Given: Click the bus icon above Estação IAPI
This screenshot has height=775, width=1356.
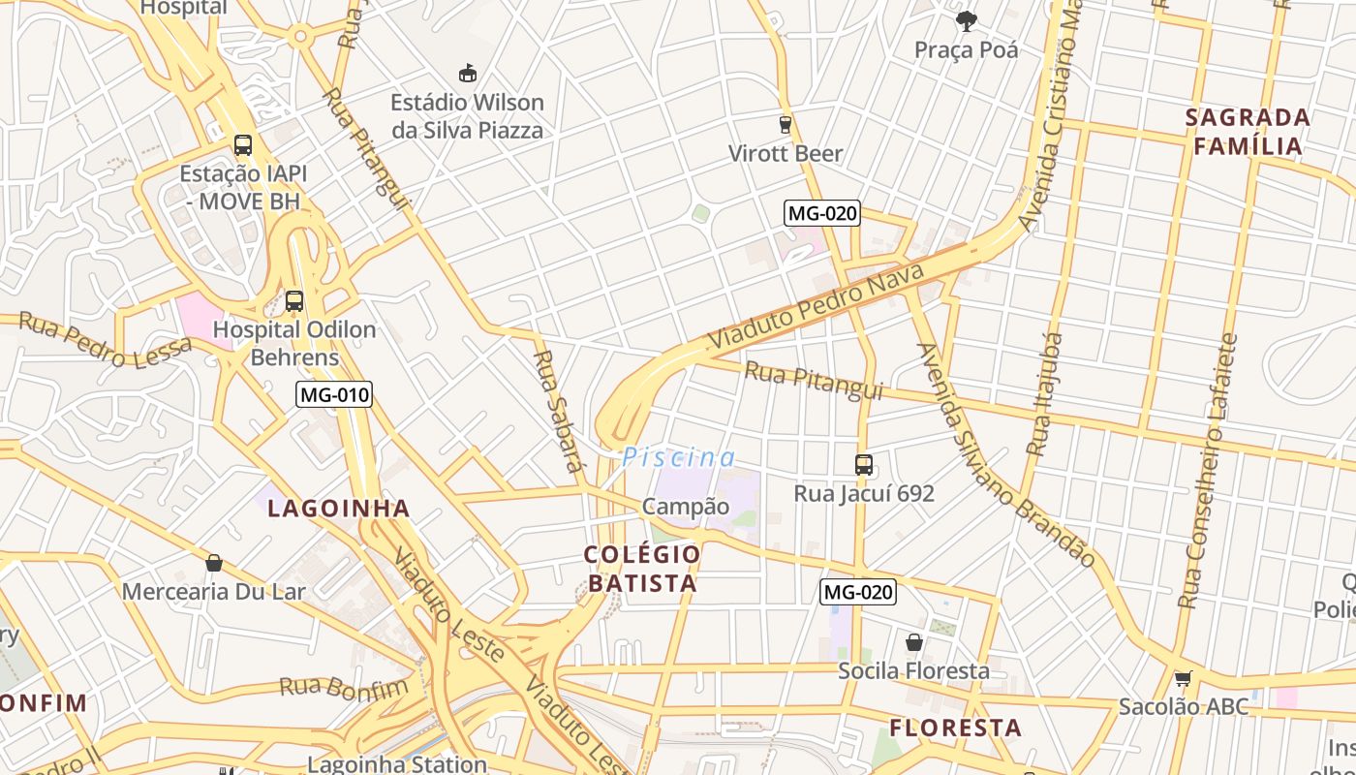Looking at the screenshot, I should (x=243, y=145).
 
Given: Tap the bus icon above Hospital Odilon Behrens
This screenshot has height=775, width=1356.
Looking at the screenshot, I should (x=294, y=301).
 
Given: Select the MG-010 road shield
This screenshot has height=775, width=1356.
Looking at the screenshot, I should (x=334, y=394).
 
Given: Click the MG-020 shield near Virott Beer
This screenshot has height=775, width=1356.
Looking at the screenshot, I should (x=822, y=213).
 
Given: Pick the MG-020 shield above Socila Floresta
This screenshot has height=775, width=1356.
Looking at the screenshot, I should (x=858, y=592).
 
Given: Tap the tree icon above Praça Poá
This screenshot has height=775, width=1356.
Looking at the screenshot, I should (x=966, y=20).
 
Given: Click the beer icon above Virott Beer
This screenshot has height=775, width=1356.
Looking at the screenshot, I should (x=786, y=124).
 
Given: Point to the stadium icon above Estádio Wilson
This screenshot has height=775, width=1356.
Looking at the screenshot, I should (x=468, y=73).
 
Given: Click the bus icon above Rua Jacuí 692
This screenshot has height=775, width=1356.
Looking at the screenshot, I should (x=864, y=465).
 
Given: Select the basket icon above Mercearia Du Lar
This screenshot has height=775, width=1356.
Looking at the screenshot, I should (x=214, y=563).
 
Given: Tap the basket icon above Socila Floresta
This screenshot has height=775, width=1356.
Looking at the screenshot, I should (x=914, y=642).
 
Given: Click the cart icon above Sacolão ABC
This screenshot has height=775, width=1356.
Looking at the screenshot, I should (x=1183, y=678).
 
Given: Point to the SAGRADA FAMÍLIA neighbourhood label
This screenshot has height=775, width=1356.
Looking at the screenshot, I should (x=1248, y=132).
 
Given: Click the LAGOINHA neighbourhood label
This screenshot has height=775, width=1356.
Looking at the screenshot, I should (x=339, y=508).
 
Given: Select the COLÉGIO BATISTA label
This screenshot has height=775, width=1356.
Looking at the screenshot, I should (x=641, y=569).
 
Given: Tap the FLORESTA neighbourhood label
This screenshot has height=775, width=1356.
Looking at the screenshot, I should (x=956, y=728).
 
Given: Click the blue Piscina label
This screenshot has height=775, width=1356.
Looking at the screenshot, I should (x=679, y=457).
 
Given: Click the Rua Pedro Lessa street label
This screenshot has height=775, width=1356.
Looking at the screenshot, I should (x=105, y=340).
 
